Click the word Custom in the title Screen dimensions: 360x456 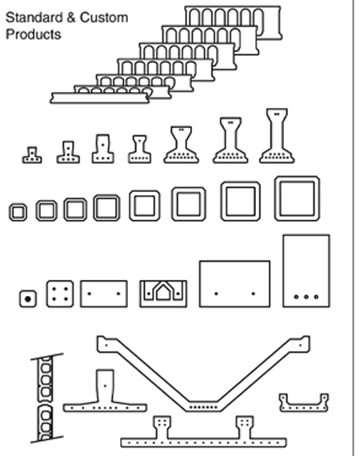coord(104,18)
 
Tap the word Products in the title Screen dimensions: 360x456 coord(34,34)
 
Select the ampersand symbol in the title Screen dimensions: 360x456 coord(70,18)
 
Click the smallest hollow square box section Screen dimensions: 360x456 coord(10,212)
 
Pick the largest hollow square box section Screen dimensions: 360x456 coord(277,198)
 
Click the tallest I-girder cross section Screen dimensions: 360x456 coord(277,136)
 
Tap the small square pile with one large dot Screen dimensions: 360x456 coord(28,298)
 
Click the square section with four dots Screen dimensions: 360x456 coord(60,294)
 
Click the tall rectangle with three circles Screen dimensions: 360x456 coord(306,270)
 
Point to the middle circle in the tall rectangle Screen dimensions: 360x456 coord(306,297)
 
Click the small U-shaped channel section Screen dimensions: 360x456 coord(304,408)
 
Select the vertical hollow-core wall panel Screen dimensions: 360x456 coord(46,398)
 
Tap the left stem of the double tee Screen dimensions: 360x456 coord(162,426)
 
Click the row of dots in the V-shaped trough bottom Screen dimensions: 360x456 coord(203,407)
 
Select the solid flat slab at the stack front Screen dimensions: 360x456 coord(100,98)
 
